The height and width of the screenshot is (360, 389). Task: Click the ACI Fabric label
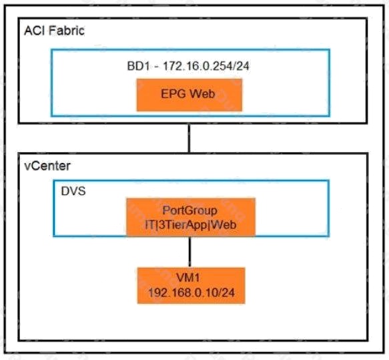(x=54, y=31)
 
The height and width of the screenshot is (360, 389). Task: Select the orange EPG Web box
(x=189, y=95)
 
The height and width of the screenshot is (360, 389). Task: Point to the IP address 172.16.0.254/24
(x=206, y=66)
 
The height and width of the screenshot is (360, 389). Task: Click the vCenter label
(x=47, y=166)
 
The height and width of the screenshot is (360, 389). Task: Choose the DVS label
(x=73, y=191)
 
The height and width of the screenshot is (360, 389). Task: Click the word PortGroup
(x=190, y=210)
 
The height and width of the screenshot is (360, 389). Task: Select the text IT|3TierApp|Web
(x=191, y=225)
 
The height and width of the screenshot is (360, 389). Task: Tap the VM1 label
(x=187, y=277)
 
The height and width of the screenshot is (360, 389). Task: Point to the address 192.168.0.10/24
(x=191, y=293)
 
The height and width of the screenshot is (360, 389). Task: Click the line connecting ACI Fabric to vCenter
(x=189, y=138)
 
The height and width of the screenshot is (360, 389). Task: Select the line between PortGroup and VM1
(x=189, y=252)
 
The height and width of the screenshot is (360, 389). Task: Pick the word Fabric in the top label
(x=67, y=31)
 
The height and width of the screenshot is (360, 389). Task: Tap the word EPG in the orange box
(x=173, y=94)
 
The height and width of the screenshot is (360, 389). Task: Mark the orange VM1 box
(x=191, y=285)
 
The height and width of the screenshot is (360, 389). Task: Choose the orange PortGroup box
(x=191, y=217)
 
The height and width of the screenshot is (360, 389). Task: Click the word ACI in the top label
(x=35, y=31)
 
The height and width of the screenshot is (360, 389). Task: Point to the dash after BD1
(x=156, y=67)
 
